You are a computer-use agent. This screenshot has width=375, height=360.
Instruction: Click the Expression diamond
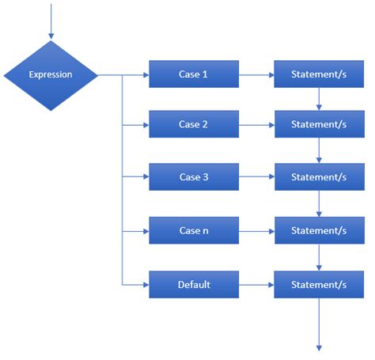click(x=51, y=75)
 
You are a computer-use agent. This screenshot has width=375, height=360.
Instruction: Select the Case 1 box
click(x=194, y=74)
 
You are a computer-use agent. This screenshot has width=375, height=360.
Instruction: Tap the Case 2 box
click(x=194, y=124)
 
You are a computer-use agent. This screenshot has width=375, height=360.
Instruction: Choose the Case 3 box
click(x=194, y=177)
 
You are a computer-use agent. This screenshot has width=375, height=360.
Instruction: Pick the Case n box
click(x=194, y=231)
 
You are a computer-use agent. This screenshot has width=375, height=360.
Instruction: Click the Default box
click(x=194, y=284)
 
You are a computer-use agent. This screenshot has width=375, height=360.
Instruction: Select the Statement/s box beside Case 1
click(x=319, y=74)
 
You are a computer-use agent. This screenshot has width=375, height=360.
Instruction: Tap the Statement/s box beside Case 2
click(x=319, y=124)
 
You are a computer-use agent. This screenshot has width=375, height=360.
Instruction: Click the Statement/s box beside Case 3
click(x=319, y=177)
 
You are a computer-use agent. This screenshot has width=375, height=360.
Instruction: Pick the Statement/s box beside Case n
click(x=319, y=231)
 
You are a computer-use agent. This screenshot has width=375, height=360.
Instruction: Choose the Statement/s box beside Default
click(x=319, y=284)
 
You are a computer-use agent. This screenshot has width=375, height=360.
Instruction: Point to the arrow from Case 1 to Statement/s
click(x=256, y=75)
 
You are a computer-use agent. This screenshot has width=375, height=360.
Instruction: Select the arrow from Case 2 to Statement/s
click(x=256, y=125)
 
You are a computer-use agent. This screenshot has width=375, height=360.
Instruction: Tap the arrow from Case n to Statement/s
click(x=256, y=231)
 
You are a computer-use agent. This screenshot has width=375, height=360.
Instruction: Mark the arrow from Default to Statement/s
click(x=256, y=284)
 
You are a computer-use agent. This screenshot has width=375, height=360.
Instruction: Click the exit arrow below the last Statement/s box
click(x=320, y=324)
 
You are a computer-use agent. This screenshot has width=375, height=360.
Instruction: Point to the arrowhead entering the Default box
click(x=145, y=284)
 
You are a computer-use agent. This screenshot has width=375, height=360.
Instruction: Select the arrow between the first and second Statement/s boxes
click(x=320, y=99)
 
